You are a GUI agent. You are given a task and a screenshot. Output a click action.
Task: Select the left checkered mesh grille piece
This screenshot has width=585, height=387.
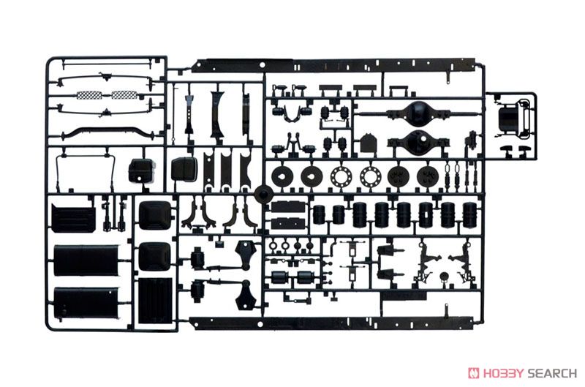click(x=89, y=95)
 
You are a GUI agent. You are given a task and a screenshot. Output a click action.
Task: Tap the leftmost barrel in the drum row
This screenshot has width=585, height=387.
click(x=319, y=214)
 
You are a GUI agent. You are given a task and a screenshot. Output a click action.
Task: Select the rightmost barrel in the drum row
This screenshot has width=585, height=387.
click(x=469, y=214)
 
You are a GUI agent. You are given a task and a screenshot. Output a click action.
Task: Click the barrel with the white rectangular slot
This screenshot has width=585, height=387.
click(x=426, y=214)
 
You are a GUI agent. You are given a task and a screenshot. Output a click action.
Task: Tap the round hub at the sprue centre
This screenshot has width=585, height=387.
click(x=265, y=195)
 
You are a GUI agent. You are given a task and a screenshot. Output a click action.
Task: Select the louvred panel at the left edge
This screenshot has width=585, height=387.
click(x=74, y=217)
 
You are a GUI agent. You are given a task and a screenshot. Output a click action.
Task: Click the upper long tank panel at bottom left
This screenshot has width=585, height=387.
click(x=86, y=260)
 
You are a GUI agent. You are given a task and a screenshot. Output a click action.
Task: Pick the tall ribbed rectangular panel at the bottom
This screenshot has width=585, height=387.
click(x=155, y=301)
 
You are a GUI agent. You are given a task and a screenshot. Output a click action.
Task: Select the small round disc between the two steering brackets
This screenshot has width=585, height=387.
click(x=444, y=277)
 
